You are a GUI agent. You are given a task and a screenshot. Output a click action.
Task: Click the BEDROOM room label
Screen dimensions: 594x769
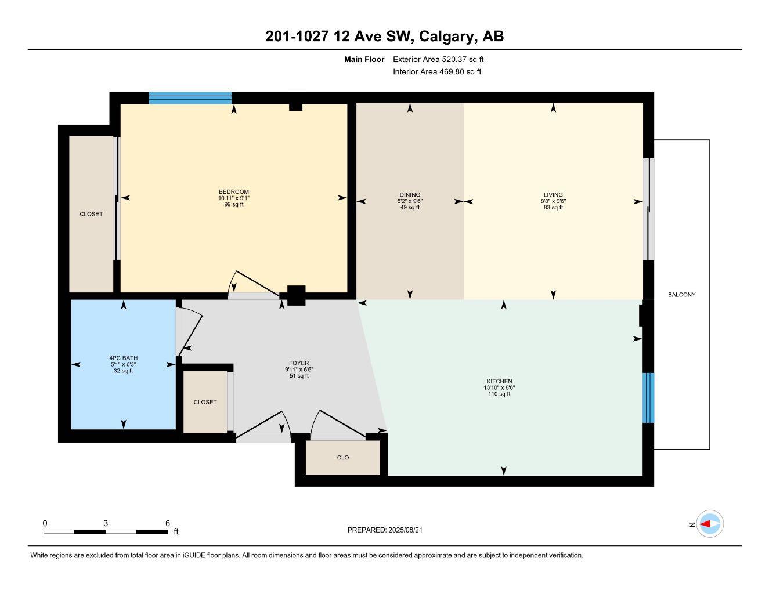(233, 192)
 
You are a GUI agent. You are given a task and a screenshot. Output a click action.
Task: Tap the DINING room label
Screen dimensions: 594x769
(410, 195)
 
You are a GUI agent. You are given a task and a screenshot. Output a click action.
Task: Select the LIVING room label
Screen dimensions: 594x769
(553, 195)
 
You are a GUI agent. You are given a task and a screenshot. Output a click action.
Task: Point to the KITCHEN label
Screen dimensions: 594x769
(499, 382)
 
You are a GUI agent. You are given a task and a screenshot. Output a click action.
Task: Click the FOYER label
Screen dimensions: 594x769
(299, 363)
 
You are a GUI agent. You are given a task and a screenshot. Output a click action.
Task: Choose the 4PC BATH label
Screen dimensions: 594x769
(123, 358)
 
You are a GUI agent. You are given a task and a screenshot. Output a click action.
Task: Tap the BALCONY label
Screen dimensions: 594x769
(681, 295)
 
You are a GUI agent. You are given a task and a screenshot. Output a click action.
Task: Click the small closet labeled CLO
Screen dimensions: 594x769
(343, 458)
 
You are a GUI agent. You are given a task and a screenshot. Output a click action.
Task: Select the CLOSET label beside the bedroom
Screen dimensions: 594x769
(91, 214)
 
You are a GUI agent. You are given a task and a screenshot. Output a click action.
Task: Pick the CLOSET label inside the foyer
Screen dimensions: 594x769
(205, 402)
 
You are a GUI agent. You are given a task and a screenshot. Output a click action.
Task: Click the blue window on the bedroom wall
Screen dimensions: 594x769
(190, 97)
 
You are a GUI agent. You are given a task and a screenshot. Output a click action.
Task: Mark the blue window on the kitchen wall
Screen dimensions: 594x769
(648, 398)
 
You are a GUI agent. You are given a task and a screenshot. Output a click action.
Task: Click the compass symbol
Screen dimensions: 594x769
(710, 524)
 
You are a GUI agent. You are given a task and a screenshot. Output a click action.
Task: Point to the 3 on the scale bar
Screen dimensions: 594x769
(106, 523)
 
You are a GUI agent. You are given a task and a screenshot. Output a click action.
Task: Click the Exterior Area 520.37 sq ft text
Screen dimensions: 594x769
(438, 59)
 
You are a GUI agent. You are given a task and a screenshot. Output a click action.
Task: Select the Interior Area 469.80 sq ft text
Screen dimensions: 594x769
(437, 72)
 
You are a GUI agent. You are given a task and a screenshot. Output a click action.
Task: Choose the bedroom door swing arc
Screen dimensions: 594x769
(253, 284)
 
